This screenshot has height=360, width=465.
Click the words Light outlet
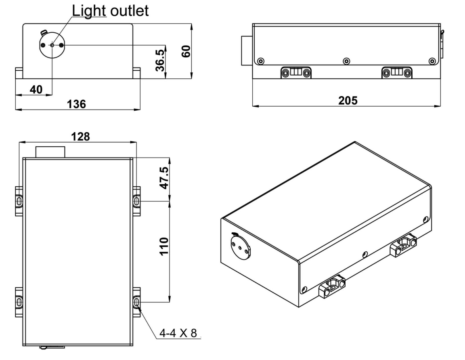[110, 11]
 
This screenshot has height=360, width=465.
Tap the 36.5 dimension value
[160, 61]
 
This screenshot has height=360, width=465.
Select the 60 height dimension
[186, 51]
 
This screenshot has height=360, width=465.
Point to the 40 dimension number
[36, 89]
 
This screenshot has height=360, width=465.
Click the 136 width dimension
[77, 104]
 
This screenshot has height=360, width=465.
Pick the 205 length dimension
[348, 101]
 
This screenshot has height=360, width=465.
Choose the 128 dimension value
[80, 137]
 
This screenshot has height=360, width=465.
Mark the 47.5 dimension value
[164, 178]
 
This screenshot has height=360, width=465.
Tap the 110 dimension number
[164, 246]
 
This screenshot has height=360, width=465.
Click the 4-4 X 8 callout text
[178, 333]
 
